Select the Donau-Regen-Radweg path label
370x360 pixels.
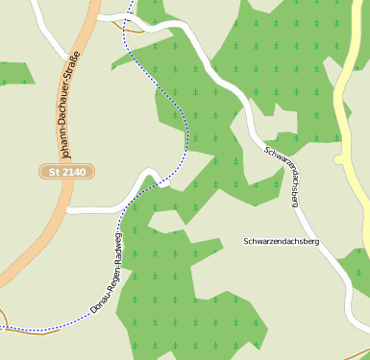pyautogui.click(x=107, y=275)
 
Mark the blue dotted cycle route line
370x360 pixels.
pyautogui.click(x=177, y=106)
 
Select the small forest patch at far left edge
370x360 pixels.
pyautogui.click(x=13, y=72)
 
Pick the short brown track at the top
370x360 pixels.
pyautogui.click(x=130, y=24)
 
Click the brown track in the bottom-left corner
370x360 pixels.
pyautogui.click(x=4, y=318)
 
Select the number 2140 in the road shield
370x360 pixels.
pyautogui.click(x=72, y=171)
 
